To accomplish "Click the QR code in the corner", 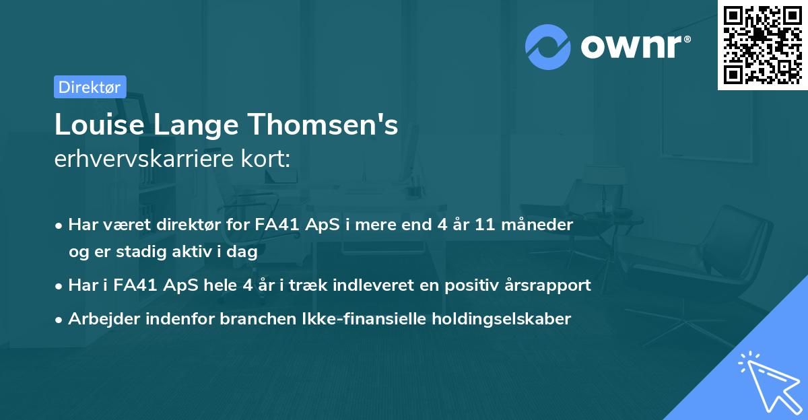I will click(762, 44).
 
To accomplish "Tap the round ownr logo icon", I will click(548, 46).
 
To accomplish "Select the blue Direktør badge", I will click(90, 87).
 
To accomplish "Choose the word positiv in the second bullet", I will click(471, 285).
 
